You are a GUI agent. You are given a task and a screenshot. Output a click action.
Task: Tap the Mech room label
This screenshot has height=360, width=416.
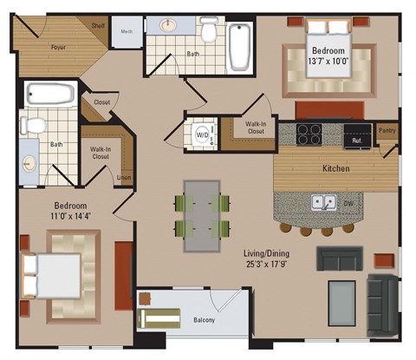(x=127, y=31)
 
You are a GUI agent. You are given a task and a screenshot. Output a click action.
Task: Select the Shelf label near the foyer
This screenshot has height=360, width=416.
(x=99, y=26)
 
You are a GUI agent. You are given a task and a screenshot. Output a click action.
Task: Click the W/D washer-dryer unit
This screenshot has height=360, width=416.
(x=201, y=134)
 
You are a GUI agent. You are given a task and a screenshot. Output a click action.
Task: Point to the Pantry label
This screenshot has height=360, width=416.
(x=387, y=131)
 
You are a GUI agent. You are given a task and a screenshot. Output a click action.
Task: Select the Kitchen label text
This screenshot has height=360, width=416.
(x=335, y=168)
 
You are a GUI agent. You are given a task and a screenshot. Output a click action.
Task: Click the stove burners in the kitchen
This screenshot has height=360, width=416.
(x=309, y=134)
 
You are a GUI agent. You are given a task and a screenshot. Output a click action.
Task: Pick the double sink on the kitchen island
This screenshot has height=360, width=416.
(x=324, y=203)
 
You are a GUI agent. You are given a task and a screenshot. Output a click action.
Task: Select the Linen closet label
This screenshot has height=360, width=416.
(x=125, y=178)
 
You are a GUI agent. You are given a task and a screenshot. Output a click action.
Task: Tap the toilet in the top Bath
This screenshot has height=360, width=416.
(x=208, y=32)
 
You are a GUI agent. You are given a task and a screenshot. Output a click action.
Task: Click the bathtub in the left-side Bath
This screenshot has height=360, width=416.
(x=51, y=93)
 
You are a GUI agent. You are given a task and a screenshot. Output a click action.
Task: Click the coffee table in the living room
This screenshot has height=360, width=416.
(x=341, y=298)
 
